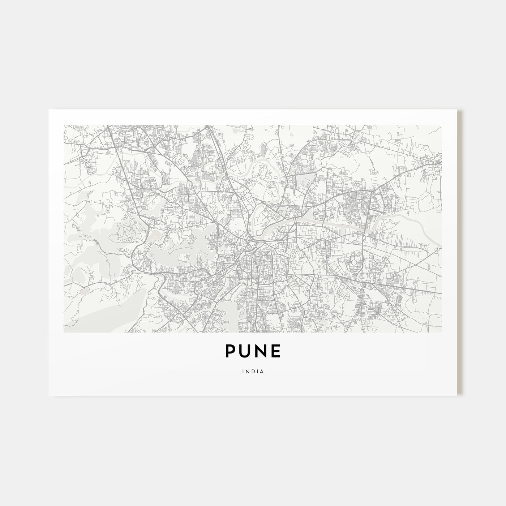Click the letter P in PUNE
click(x=231, y=351)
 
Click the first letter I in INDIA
click(x=243, y=371)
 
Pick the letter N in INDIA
click(x=247, y=371)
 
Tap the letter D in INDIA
click(x=253, y=371)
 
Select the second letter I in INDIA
click(x=257, y=371)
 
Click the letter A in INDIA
click(x=261, y=371)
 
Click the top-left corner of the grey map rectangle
click(x=64, y=125)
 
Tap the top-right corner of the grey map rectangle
click(x=442, y=125)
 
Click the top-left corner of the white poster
click(x=49, y=110)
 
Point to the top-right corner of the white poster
click(x=457, y=110)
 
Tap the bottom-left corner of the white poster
click(x=49, y=395)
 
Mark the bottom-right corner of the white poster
click(x=457, y=395)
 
